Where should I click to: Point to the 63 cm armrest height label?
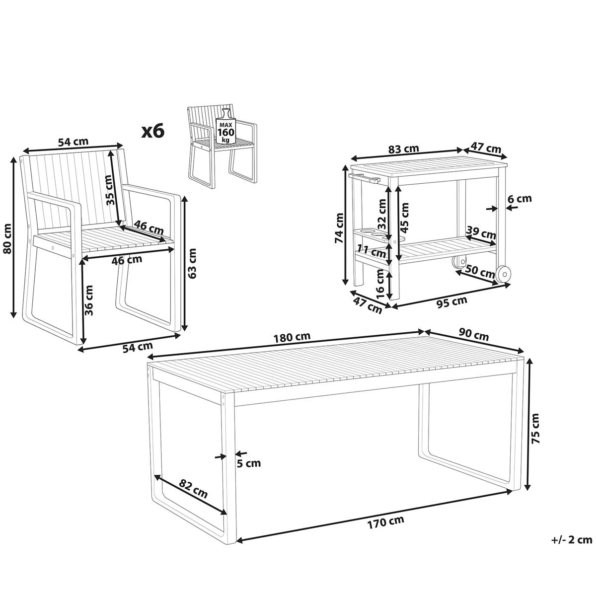point(192,263)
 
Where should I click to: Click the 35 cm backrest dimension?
point(109,190)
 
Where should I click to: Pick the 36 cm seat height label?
point(88,300)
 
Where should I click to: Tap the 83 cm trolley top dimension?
point(403,149)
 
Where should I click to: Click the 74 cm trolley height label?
point(339,228)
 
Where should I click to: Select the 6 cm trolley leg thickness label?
point(520,198)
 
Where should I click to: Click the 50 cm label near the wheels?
point(480,271)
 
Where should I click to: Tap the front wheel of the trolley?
point(503,274)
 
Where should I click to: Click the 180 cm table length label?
point(292,337)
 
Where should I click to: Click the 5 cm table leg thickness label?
point(249,463)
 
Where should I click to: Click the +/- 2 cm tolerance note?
point(572,548)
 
